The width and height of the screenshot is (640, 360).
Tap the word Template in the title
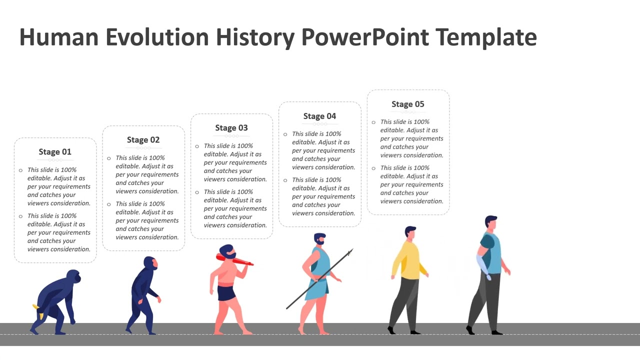(x=486, y=37)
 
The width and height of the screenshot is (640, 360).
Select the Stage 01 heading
(x=55, y=151)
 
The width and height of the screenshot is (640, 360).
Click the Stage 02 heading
(x=143, y=139)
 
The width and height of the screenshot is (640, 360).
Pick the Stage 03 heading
(x=231, y=127)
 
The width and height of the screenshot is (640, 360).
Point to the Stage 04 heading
(x=319, y=116)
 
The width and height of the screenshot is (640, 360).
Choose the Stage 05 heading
(x=407, y=104)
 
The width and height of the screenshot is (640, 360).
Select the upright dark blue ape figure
(x=142, y=295)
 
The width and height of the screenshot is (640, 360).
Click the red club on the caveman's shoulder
(x=235, y=260)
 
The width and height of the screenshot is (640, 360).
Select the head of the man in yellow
(x=410, y=232)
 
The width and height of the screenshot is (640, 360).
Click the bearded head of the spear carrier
(x=319, y=239)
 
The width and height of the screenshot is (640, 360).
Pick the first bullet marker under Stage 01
(x=21, y=170)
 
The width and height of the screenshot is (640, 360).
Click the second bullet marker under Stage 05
(x=373, y=168)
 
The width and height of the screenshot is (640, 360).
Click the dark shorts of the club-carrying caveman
(x=226, y=292)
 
